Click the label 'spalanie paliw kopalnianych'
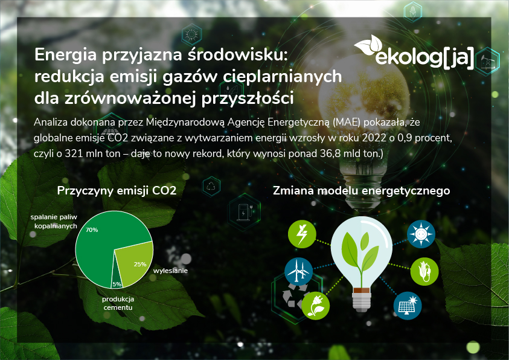point(54,220)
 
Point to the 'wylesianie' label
point(170,271)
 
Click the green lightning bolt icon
point(301,234)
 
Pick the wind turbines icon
point(298,272)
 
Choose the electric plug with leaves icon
point(315,306)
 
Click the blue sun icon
point(420,234)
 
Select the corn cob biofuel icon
point(424,272)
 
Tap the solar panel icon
point(408,306)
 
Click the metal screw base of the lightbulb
point(360,297)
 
